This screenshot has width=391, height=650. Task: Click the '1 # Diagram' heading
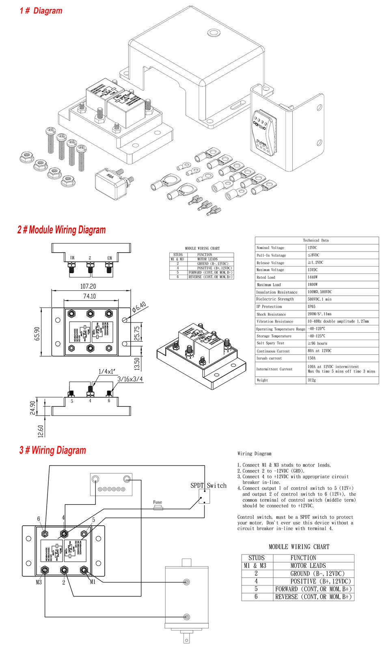(41, 11)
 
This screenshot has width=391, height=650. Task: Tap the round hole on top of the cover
(213, 33)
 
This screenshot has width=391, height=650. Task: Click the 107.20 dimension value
(88, 286)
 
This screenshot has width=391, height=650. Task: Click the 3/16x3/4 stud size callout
(130, 379)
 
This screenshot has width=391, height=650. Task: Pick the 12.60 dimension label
(40, 431)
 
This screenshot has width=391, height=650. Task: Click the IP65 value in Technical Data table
(311, 307)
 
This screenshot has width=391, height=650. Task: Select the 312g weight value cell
(311, 380)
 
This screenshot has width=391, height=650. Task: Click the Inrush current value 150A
(311, 358)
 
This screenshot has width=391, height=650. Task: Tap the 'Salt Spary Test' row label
(270, 343)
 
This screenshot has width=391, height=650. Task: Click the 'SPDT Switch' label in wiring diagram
(208, 485)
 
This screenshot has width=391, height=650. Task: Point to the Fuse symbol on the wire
(158, 507)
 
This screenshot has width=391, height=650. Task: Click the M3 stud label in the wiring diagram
(39, 582)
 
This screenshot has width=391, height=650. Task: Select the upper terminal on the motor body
(186, 582)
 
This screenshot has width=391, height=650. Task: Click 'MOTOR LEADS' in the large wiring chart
(308, 565)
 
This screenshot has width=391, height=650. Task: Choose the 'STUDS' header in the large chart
(256, 558)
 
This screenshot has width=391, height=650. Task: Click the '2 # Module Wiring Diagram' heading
(61, 230)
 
